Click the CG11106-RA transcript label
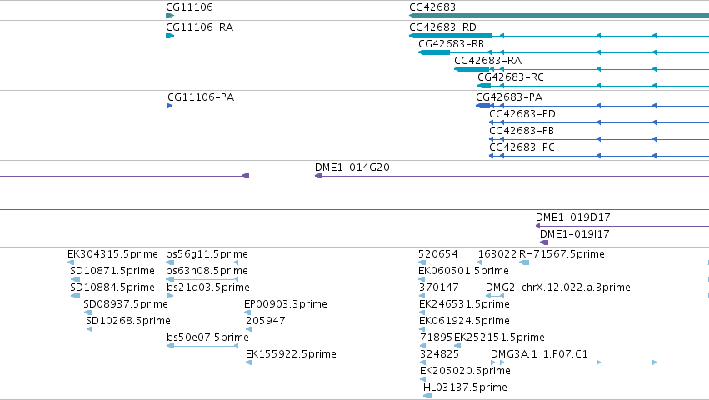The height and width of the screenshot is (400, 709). pyautogui.click(x=199, y=27)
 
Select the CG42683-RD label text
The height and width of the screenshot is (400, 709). pyautogui.click(x=442, y=27)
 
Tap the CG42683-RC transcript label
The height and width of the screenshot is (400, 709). pyautogui.click(x=511, y=77)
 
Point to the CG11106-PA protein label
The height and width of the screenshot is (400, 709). pyautogui.click(x=201, y=97)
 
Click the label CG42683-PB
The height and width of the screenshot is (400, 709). pyautogui.click(x=522, y=131)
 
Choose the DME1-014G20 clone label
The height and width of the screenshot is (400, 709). pyautogui.click(x=352, y=167)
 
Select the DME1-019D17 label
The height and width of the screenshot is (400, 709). pyautogui.click(x=573, y=217)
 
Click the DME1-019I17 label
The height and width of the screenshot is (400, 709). pyautogui.click(x=575, y=234)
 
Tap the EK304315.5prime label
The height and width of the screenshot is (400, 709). pyautogui.click(x=112, y=254)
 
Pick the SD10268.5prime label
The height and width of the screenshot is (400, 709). pyautogui.click(x=128, y=321)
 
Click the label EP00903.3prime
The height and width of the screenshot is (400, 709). pyautogui.click(x=285, y=304)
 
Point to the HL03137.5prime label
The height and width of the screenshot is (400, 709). pyautogui.click(x=465, y=387)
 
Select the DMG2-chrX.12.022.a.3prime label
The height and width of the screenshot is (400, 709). pyautogui.click(x=557, y=287)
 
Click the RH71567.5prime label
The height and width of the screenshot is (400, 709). pyautogui.click(x=562, y=254)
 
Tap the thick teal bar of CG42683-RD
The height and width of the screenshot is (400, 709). pyautogui.click(x=451, y=36)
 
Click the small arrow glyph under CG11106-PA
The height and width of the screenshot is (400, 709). pyautogui.click(x=170, y=106)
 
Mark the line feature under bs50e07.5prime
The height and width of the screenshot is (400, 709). pyautogui.click(x=202, y=346)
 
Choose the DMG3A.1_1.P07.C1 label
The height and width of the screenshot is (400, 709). pyautogui.click(x=539, y=354)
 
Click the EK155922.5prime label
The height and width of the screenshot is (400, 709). pyautogui.click(x=291, y=354)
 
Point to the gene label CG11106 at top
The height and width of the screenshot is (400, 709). pyautogui.click(x=189, y=7)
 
